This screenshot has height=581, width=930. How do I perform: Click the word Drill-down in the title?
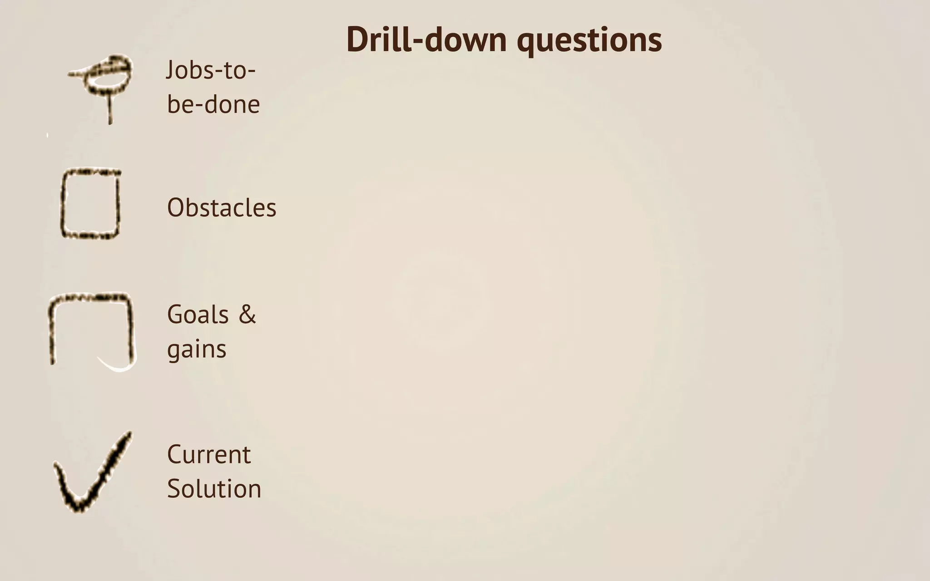tap(426, 40)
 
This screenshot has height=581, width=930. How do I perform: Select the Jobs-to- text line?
tap(211, 70)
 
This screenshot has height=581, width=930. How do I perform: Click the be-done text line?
tap(213, 104)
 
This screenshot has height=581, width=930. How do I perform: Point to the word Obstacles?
tap(222, 208)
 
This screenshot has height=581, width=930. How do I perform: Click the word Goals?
tap(198, 315)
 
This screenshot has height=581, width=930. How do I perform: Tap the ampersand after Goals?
tap(247, 315)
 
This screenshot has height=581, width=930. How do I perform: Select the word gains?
tap(197, 350)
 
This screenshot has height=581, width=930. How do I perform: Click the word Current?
tap(209, 454)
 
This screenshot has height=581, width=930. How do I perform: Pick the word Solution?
tap(214, 489)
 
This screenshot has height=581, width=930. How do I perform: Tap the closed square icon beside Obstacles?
tap(90, 204)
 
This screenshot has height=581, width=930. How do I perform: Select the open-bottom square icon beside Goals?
tap(91, 329)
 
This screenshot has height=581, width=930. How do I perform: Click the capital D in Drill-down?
tap(357, 40)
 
